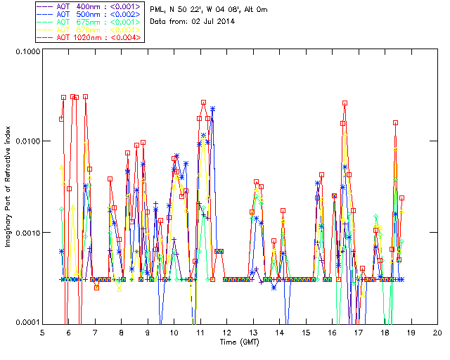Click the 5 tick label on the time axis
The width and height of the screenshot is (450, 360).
42,332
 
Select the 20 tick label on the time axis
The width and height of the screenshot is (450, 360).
437,332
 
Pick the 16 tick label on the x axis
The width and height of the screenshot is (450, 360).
333,332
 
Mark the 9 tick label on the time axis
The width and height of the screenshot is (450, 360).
148,332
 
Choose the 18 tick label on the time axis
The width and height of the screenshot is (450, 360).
385,332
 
